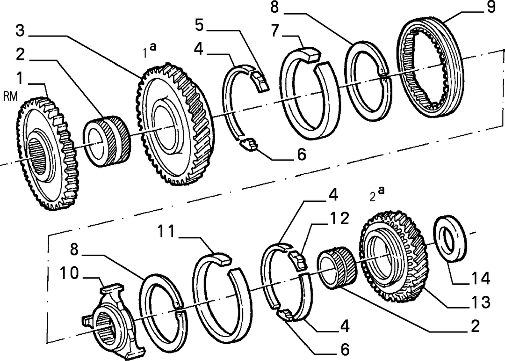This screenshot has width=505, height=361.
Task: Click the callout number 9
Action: pos(491,7)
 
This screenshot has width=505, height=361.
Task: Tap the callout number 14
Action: pos(481,278)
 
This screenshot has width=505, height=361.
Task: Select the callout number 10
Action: pos(69,273)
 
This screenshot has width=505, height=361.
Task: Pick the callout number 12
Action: pos(339,219)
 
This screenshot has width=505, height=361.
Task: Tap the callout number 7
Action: pos(274,31)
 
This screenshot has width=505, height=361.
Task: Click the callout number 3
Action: pos(20,31)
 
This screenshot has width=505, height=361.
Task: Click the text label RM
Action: pos(10,96)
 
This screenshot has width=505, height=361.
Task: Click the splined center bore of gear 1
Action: pos(39,155)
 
